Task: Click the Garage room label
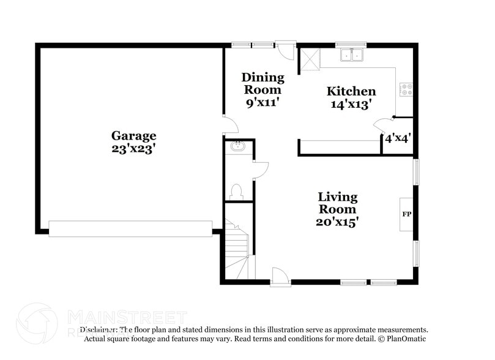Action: pyautogui.click(x=133, y=135)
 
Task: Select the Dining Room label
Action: pyautogui.click(x=263, y=83)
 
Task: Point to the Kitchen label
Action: pyautogui.click(x=351, y=91)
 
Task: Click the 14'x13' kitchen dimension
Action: pyautogui.click(x=351, y=104)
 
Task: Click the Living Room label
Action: pyautogui.click(x=337, y=203)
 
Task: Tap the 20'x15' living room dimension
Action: pyautogui.click(x=337, y=222)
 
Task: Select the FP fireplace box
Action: pyautogui.click(x=406, y=215)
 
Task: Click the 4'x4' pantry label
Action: pyautogui.click(x=397, y=138)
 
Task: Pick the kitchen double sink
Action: pyautogui.click(x=351, y=56)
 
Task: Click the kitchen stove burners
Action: pyautogui.click(x=406, y=90)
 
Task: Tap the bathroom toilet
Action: pyautogui.click(x=237, y=192)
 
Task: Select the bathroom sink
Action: pyautogui.click(x=237, y=147)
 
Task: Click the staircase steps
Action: pyautogui.click(x=236, y=248)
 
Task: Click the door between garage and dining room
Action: pyautogui.click(x=229, y=125)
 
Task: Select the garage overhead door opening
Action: pyautogui.click(x=130, y=228)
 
